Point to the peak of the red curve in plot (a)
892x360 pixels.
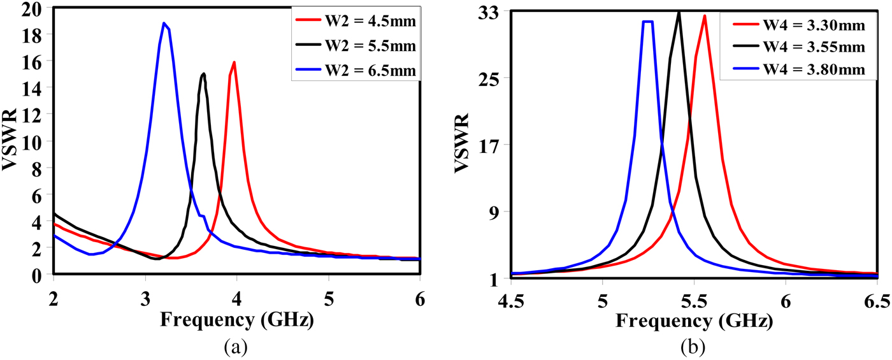pos(234,62)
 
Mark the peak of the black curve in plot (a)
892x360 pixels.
pos(203,74)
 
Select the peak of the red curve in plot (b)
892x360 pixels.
pos(704,16)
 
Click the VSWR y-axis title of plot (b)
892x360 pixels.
pos(463,145)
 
